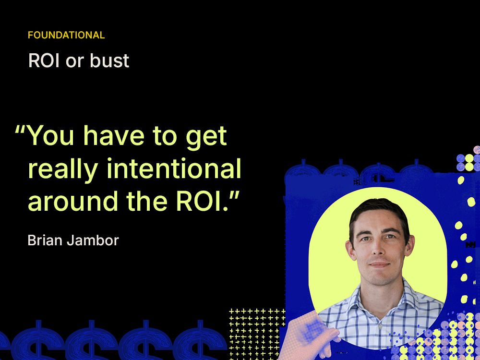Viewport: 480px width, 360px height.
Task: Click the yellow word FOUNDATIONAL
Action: point(66,35)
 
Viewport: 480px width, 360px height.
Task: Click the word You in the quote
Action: point(51,136)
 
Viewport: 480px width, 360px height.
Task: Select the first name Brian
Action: point(44,240)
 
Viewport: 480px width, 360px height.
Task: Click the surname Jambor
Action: point(92,240)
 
